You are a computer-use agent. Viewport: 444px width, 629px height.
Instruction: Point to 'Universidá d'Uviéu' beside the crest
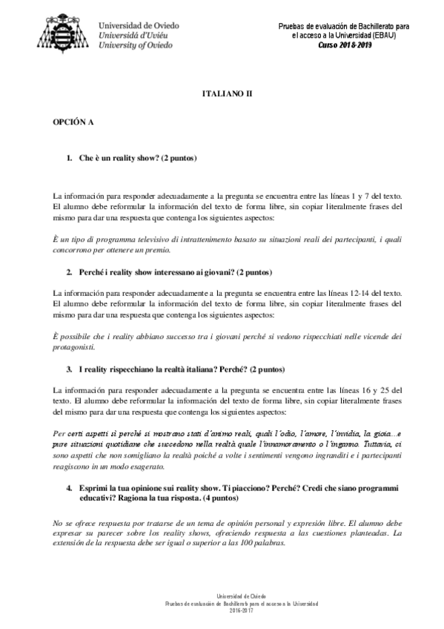(134, 35)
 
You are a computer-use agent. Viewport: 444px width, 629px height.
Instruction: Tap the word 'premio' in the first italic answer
(161, 252)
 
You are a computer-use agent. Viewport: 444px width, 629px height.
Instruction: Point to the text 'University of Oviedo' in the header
(136, 45)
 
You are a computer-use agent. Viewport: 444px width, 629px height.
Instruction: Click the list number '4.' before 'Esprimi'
(69, 488)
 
